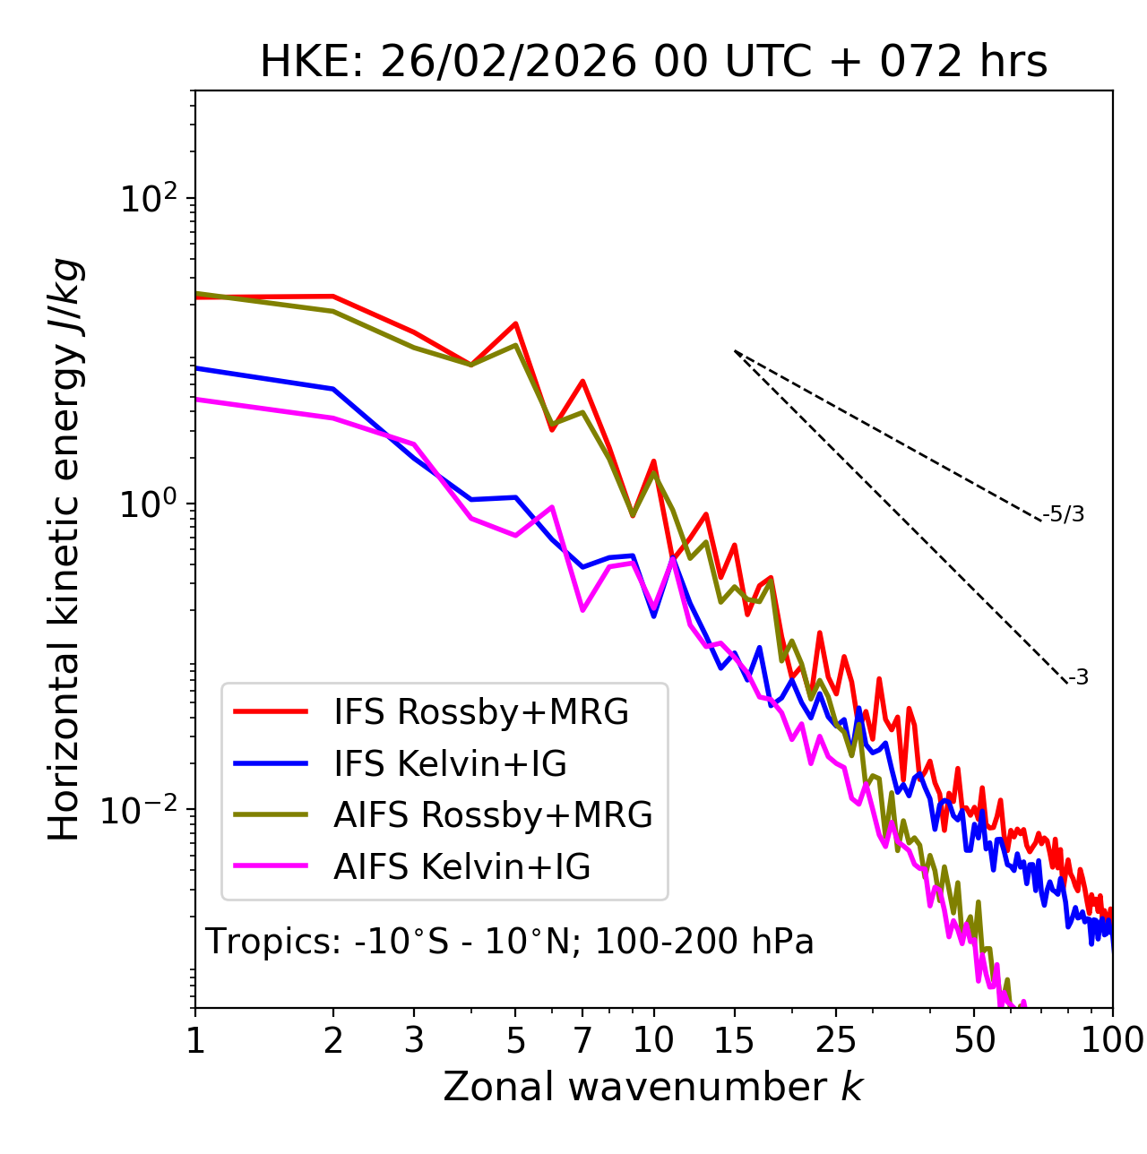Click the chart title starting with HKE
click(653, 63)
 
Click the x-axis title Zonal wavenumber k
click(652, 1087)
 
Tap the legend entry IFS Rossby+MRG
click(480, 712)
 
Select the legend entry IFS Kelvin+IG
click(450, 764)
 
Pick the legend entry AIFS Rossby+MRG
click(493, 815)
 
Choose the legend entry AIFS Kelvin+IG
click(461, 867)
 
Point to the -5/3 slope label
click(1064, 514)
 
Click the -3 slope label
click(1079, 678)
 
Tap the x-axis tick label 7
click(582, 1040)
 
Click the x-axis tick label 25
click(835, 1040)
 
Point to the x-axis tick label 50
click(974, 1040)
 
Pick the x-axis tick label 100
click(1112, 1040)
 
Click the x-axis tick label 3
click(414, 1040)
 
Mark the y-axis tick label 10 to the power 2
click(147, 199)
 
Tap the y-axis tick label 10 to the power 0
click(147, 504)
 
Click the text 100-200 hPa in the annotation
click(704, 942)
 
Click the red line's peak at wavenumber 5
click(515, 323)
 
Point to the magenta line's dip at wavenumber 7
click(582, 610)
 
